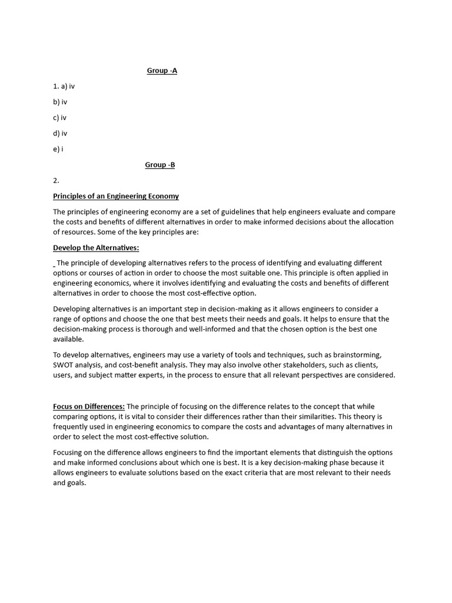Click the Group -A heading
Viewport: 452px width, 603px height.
click(x=162, y=71)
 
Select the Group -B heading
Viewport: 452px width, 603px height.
click(x=160, y=165)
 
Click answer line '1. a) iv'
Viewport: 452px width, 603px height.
click(x=64, y=87)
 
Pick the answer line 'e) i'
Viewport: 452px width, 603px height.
click(x=58, y=149)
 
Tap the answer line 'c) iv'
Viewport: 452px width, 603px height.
click(x=60, y=118)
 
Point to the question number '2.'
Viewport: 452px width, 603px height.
click(x=56, y=181)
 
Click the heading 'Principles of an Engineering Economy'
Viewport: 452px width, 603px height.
click(x=116, y=196)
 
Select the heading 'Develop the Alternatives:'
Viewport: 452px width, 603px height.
click(x=97, y=248)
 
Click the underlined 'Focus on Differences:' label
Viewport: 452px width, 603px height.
click(x=89, y=407)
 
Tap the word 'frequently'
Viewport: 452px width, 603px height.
click(x=71, y=427)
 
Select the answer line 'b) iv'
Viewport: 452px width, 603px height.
click(x=60, y=102)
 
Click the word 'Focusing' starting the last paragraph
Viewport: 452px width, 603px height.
click(x=69, y=453)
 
